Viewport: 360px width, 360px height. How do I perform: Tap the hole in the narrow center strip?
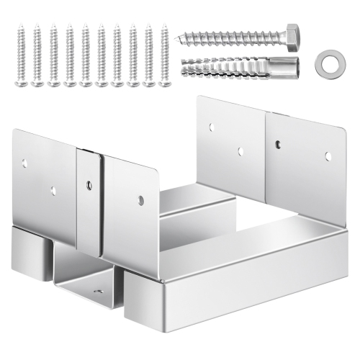click(x=89, y=186)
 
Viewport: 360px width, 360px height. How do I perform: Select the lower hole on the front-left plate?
click(x=53, y=191)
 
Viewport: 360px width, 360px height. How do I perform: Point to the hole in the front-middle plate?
click(x=141, y=199)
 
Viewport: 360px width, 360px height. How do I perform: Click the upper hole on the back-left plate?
click(x=212, y=127)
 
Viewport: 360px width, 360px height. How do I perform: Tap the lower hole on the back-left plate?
click(x=240, y=152)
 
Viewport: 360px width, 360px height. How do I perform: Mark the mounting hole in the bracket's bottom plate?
click(x=98, y=292)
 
